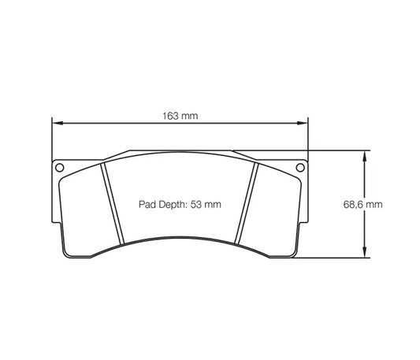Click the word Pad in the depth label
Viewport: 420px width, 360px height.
[148, 203]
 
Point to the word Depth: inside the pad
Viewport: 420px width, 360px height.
[174, 203]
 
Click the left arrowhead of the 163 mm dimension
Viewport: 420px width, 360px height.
[55, 124]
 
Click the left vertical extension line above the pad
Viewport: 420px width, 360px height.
[51, 138]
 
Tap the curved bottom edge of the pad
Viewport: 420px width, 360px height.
[179, 231]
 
